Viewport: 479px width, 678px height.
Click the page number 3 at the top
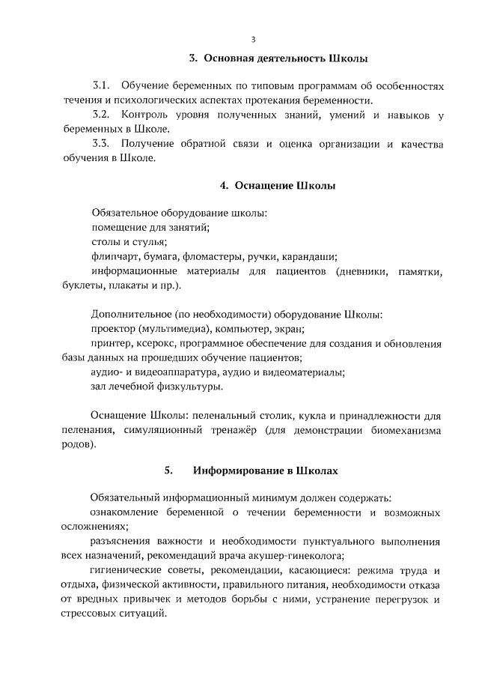(x=253, y=39)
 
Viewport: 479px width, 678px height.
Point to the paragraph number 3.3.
(x=102, y=143)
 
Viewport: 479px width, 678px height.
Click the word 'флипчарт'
(x=115, y=256)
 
